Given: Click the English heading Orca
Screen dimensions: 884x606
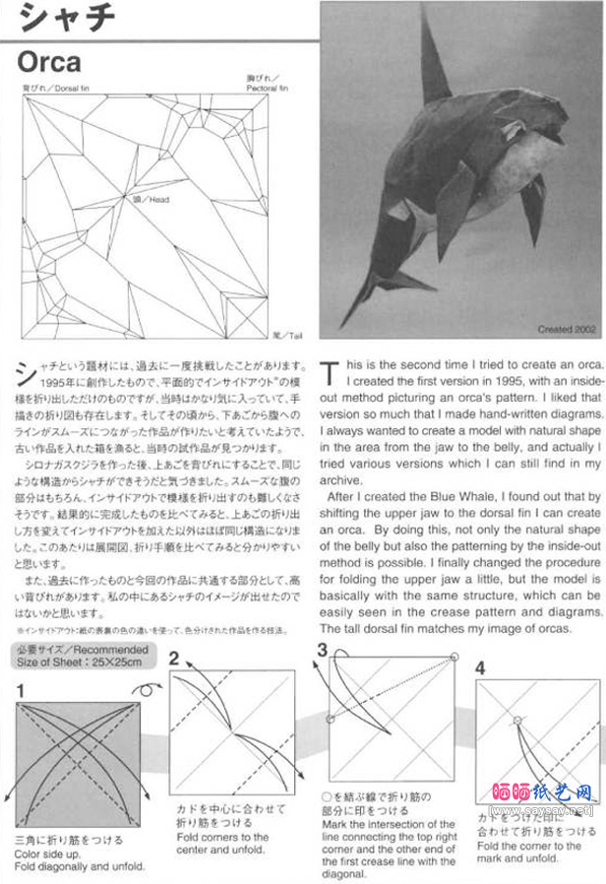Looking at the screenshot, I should [x=49, y=62].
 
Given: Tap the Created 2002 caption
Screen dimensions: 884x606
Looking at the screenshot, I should [x=568, y=329].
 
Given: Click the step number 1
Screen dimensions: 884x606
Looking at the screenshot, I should [x=22, y=692].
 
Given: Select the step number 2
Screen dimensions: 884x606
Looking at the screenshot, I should [x=174, y=659].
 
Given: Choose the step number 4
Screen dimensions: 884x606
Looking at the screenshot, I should [x=480, y=667].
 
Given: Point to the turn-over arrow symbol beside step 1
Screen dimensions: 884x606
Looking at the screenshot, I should [x=145, y=690].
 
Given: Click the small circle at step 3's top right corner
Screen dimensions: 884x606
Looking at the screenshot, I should [x=454, y=657].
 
